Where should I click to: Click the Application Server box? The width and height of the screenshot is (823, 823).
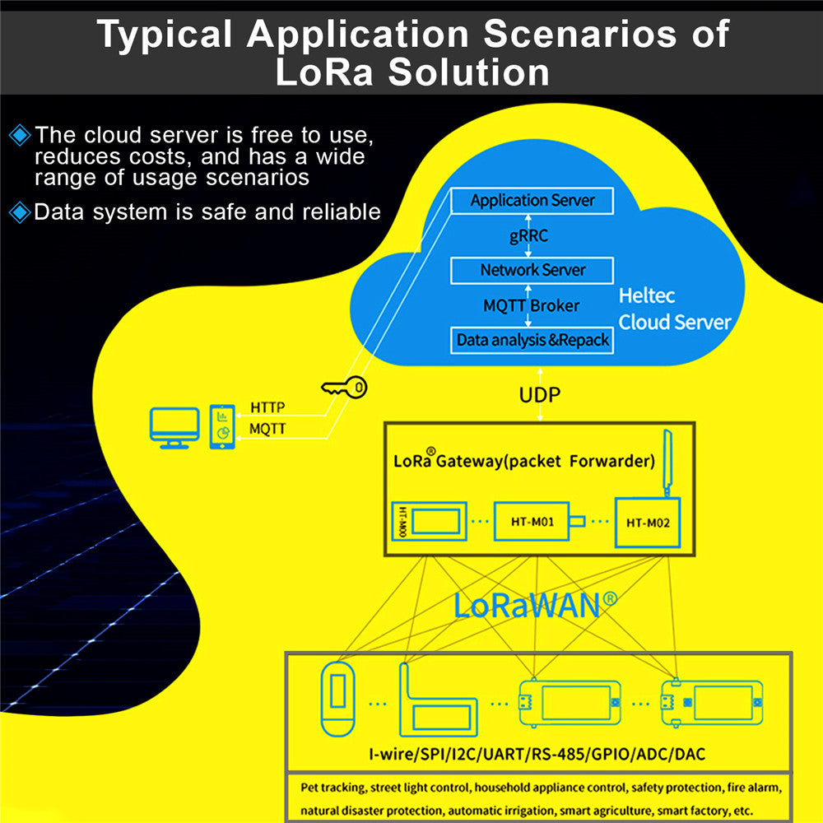[532, 200]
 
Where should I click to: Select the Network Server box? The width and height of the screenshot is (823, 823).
[532, 270]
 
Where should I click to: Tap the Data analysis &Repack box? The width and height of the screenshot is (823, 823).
[532, 340]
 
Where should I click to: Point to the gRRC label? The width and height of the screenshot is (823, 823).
[528, 236]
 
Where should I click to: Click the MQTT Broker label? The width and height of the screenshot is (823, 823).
[531, 305]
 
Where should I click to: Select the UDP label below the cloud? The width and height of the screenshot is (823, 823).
[539, 395]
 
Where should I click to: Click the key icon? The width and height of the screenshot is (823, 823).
[345, 388]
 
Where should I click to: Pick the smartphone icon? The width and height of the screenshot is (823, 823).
[222, 427]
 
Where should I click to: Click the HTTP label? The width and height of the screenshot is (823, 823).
[267, 407]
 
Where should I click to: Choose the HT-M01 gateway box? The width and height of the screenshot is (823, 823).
[530, 522]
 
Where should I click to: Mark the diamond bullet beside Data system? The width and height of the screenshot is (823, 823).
[20, 212]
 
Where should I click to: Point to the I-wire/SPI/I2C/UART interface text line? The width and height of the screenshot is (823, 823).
[537, 754]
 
